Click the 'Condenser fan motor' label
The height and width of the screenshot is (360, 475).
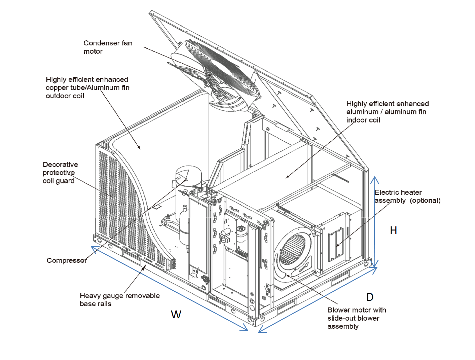tap(107, 47)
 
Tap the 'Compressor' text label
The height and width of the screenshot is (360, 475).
tap(67, 260)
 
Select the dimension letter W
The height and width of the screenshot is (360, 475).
tap(176, 315)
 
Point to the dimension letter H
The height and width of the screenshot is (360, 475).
tap(393, 230)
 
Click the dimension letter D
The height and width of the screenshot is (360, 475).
tap(370, 297)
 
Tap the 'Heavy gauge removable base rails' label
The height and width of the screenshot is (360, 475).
tap(119, 299)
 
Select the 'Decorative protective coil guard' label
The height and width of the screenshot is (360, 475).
tap(60, 173)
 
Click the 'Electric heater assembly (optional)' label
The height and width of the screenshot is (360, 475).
tap(407, 196)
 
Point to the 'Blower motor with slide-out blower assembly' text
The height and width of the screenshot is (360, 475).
tap(357, 318)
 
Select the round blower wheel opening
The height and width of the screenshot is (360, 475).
tap(293, 249)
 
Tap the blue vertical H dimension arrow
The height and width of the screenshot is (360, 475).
tap(375, 222)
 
